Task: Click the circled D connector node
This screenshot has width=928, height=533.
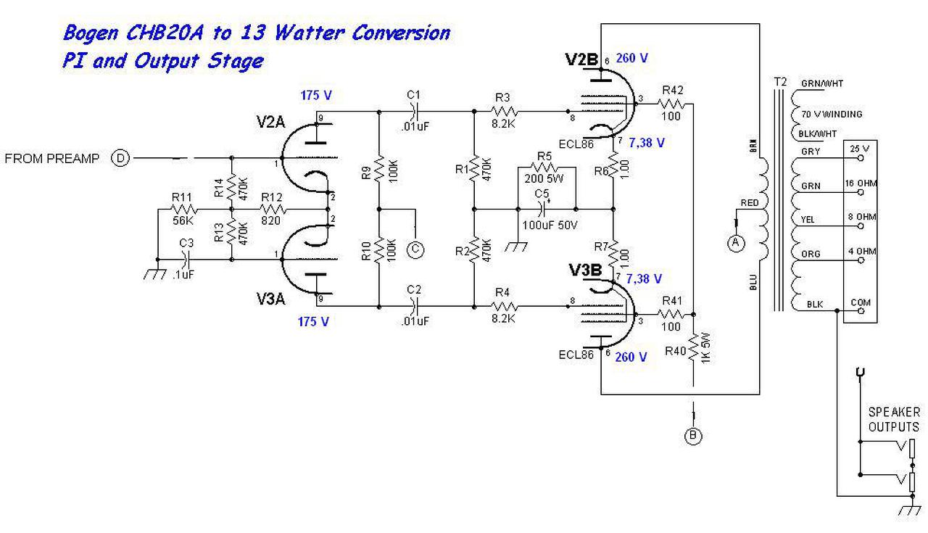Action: click(x=120, y=158)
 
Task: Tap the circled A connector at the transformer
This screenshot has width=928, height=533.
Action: click(x=736, y=243)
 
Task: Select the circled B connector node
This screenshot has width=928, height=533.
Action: click(x=694, y=436)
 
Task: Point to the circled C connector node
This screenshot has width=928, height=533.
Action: click(x=415, y=249)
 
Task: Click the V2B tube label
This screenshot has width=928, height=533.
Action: click(x=582, y=60)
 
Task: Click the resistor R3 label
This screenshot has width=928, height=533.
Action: click(x=503, y=96)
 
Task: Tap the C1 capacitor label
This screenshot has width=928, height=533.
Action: click(x=414, y=94)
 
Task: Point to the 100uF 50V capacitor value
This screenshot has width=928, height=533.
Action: click(x=549, y=226)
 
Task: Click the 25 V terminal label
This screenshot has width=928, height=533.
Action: click(x=860, y=149)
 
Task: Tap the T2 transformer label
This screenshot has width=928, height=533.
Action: click(x=779, y=81)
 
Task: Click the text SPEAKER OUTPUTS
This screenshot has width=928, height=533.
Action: click(x=894, y=419)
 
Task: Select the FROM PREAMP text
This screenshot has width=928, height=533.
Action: click(x=52, y=159)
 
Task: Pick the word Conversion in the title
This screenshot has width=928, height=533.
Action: click(x=401, y=33)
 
